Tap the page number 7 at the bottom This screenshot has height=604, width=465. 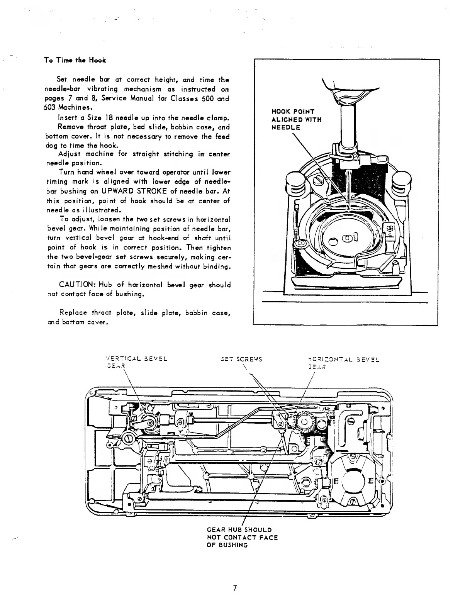(x=234, y=588)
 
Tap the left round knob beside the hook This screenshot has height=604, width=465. (x=294, y=182)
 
